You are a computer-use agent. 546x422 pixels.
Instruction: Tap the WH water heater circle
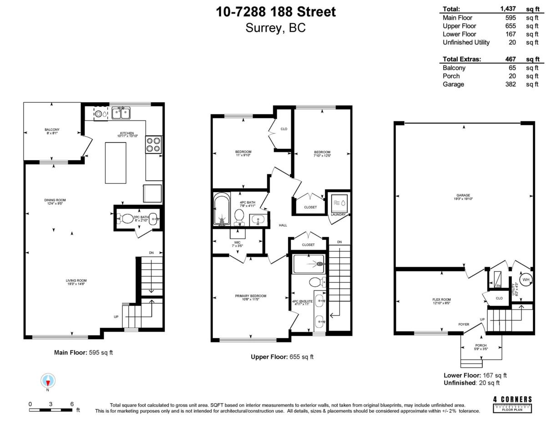526,280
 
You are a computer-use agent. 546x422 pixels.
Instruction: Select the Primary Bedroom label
251,296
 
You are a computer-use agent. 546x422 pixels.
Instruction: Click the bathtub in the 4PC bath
222,209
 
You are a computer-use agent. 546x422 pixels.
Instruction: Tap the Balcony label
52,129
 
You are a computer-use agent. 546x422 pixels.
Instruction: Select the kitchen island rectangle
116,162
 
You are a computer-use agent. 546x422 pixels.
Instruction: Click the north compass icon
48,381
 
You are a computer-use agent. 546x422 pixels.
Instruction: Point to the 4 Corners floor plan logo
512,404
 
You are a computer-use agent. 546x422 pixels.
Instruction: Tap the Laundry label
339,214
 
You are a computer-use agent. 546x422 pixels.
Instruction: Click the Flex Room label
442,300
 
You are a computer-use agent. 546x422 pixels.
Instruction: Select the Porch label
481,346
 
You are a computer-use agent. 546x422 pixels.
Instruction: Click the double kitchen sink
121,112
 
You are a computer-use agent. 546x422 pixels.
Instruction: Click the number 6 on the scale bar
72,404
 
